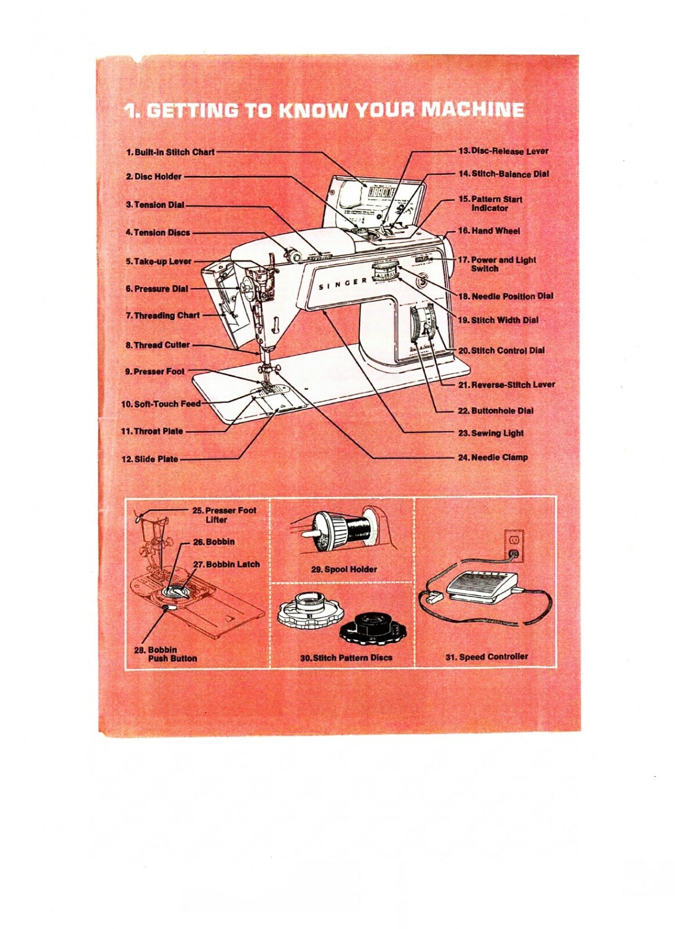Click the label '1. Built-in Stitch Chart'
tap(170, 152)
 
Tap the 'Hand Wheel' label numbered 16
tap(489, 231)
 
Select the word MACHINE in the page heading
tap(472, 110)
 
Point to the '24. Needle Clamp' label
tap(493, 457)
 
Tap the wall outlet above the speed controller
tap(514, 546)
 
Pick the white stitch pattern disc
tap(308, 611)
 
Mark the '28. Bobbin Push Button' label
tap(166, 654)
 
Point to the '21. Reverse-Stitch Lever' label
tap(507, 384)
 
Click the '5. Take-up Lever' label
tap(159, 261)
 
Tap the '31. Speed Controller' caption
tap(487, 657)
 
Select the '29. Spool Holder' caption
tap(344, 569)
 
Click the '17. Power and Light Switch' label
tap(497, 264)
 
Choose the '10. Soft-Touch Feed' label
tap(161, 404)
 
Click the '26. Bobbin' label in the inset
tap(214, 542)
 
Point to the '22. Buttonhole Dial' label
tap(496, 411)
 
